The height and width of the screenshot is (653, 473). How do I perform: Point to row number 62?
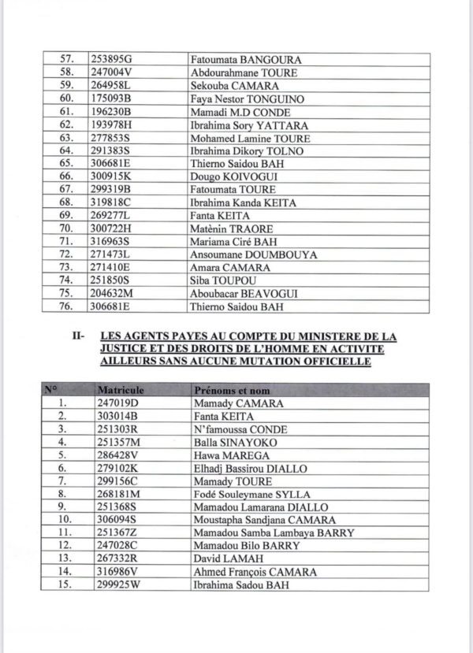tap(66, 124)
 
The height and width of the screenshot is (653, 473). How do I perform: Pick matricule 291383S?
tap(110, 150)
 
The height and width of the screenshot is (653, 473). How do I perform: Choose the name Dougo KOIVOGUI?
tap(232, 176)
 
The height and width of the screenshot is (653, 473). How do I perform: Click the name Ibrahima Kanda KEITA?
tap(244, 202)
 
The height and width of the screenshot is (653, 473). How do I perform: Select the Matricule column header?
tap(117, 390)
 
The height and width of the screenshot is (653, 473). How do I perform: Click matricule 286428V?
tap(111, 455)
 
